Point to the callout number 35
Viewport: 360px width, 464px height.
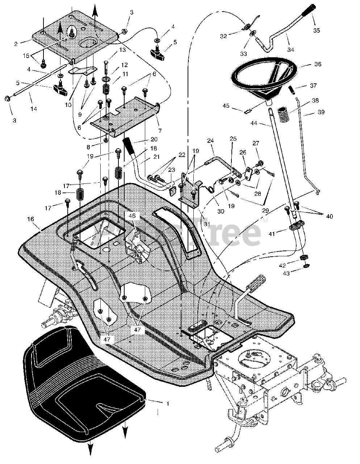[x=317, y=30]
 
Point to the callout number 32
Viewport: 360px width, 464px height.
[x=223, y=36]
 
